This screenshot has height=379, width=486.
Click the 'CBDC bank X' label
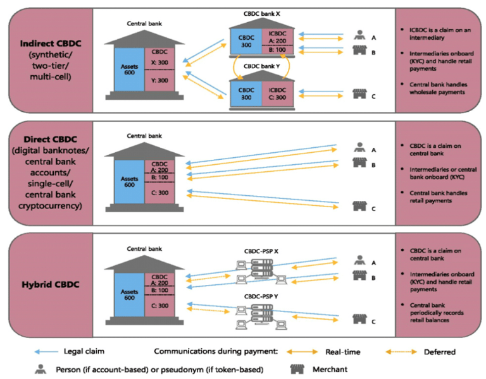[x=261, y=13]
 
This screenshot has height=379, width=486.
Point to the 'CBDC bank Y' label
[x=261, y=66]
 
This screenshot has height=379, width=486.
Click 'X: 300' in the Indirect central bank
[x=160, y=63]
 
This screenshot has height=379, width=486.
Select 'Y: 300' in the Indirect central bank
[x=160, y=80]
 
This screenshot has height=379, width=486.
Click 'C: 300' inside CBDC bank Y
[x=277, y=97]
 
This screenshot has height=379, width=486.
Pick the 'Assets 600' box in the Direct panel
[x=130, y=182]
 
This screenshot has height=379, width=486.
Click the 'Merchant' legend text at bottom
[x=328, y=369]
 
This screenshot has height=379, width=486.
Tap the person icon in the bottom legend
[x=40, y=369]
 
